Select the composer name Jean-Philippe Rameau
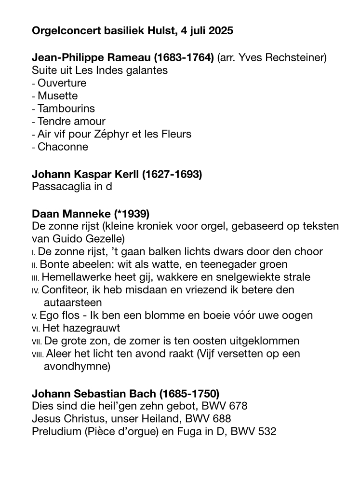click(92, 58)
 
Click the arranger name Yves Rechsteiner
click(281, 58)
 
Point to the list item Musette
click(57, 96)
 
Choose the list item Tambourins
click(66, 109)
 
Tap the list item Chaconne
click(63, 147)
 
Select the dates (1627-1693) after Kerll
click(172, 174)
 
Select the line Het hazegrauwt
click(81, 329)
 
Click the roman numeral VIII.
click(38, 354)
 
